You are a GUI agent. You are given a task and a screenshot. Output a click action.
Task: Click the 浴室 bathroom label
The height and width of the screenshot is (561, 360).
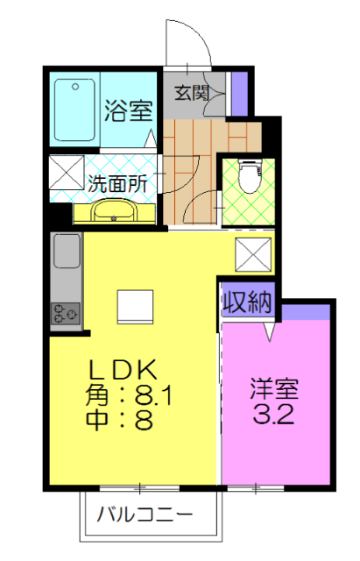click(x=129, y=110)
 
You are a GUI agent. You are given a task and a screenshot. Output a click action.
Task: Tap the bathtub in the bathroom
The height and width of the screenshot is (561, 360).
click(x=74, y=110)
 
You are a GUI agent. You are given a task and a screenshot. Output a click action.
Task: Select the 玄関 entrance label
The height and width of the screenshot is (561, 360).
click(x=192, y=93)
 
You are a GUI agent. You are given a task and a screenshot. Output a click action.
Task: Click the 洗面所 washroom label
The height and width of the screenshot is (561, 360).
click(x=117, y=184)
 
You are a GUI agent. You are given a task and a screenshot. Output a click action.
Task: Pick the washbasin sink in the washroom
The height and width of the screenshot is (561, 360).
click(x=115, y=211)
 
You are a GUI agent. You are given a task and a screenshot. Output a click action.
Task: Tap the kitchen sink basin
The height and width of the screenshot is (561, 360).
click(x=67, y=251)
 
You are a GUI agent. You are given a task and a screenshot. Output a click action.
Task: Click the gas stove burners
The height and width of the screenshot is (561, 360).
click(x=66, y=314)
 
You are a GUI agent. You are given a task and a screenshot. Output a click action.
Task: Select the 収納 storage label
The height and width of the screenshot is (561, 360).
click(x=247, y=302)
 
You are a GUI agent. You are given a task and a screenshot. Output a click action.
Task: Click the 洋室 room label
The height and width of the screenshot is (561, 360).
click(x=274, y=389)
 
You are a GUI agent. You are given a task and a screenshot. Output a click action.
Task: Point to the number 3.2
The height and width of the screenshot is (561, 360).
click(x=274, y=414)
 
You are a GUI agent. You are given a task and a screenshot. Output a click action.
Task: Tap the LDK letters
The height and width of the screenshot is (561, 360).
click(x=123, y=369)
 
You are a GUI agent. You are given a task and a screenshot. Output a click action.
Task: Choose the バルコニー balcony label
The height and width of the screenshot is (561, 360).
click(x=145, y=515)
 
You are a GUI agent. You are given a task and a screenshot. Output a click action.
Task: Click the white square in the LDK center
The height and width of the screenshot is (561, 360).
click(x=136, y=307)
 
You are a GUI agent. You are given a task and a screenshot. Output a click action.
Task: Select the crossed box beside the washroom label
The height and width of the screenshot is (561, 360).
click(x=67, y=172)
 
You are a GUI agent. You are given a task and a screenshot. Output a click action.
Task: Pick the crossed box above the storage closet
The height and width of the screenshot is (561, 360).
click(x=253, y=254)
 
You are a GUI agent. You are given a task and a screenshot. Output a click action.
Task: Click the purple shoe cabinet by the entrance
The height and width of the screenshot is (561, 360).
click(x=239, y=94)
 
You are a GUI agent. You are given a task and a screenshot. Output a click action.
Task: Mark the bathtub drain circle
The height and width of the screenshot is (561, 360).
click(x=75, y=87)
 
